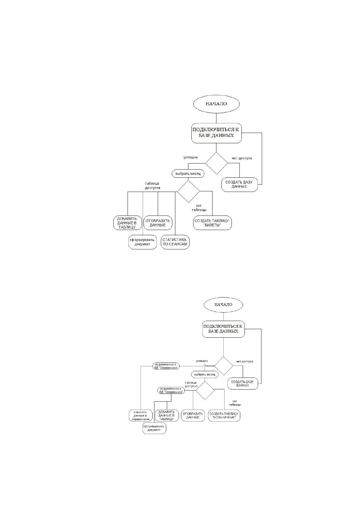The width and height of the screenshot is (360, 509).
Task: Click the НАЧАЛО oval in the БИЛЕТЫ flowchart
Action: point(216,104)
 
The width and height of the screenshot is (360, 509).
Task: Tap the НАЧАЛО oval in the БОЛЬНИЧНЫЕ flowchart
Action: point(223,304)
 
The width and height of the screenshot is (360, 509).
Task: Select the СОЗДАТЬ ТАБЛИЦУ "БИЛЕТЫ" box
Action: point(212,223)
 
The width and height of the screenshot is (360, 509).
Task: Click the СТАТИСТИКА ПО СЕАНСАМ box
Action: point(175,242)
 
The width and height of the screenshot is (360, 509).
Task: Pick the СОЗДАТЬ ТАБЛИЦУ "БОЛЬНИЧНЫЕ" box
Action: point(224,415)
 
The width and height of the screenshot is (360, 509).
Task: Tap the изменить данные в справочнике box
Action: point(141,416)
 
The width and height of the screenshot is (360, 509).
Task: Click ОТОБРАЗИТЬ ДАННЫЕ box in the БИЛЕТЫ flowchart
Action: point(158,223)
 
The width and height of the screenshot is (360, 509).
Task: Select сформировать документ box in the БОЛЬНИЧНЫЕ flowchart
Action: point(154,428)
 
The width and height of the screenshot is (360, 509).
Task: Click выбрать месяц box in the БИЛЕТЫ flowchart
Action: point(188,174)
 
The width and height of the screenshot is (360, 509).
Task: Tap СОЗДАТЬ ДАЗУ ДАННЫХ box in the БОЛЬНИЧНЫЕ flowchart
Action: point(243,384)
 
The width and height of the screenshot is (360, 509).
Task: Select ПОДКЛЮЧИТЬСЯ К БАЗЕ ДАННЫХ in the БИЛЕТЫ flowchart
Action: point(216,133)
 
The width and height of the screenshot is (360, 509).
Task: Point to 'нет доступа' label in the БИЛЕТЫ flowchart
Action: point(242,158)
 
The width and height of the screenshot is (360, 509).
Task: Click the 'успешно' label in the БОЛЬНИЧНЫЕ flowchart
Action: point(202,361)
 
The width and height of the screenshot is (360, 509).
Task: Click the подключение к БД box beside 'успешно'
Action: point(166,366)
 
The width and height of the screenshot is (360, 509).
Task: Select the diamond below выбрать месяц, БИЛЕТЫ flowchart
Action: point(188,191)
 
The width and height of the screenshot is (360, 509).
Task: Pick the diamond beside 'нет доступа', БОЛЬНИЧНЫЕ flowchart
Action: point(224,366)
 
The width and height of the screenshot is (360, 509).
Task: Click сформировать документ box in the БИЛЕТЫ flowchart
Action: point(143,242)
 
